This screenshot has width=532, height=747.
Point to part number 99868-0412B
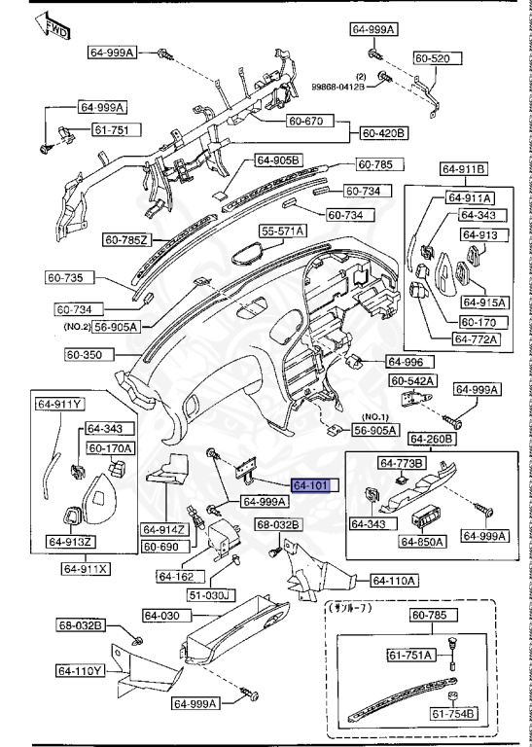tap(337, 87)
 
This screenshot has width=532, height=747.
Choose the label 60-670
tap(309, 122)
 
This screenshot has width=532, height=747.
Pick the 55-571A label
tap(282, 231)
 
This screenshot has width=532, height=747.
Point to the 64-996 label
tap(407, 361)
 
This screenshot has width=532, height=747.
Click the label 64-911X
tap(87, 567)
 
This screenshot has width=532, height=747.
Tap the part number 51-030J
tap(211, 594)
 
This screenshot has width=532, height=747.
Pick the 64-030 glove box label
tap(163, 616)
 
